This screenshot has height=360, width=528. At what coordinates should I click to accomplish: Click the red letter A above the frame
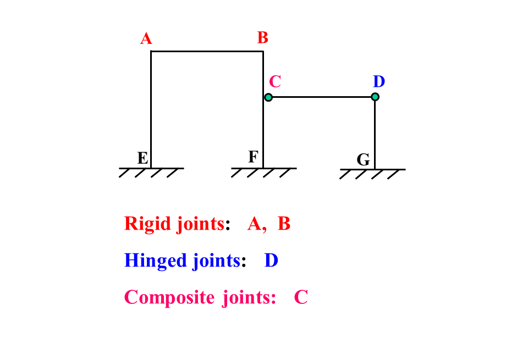pyautogui.click(x=146, y=38)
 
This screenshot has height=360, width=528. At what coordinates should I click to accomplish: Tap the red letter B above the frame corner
pyautogui.click(x=263, y=38)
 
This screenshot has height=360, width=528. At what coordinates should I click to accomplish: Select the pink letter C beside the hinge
pyautogui.click(x=275, y=81)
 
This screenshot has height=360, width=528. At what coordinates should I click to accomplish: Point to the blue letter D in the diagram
pyautogui.click(x=379, y=81)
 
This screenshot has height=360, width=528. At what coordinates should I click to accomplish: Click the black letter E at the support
pyautogui.click(x=143, y=158)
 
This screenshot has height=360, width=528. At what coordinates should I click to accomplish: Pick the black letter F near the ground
pyautogui.click(x=253, y=157)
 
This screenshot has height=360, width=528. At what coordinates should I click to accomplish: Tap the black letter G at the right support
pyautogui.click(x=364, y=160)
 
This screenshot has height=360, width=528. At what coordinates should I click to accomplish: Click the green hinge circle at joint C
pyautogui.click(x=268, y=97)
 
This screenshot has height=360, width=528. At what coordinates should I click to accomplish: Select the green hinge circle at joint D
pyautogui.click(x=375, y=97)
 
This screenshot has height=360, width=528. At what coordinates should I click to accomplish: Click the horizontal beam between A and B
pyautogui.click(x=207, y=52)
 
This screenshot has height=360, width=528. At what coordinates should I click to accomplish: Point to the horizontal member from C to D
pyautogui.click(x=322, y=97)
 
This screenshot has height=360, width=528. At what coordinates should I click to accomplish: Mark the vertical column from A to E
pyautogui.click(x=151, y=110)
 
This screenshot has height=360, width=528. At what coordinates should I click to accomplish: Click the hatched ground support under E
pyautogui.click(x=152, y=173)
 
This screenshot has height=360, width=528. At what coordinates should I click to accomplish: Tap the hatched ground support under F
pyautogui.click(x=263, y=173)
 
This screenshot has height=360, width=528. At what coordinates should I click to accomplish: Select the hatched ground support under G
pyautogui.click(x=372, y=174)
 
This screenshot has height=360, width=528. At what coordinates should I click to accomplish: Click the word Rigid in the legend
pyautogui.click(x=147, y=224)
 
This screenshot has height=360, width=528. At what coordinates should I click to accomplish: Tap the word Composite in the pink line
pyautogui.click(x=169, y=298)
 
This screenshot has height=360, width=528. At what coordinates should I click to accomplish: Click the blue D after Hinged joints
pyautogui.click(x=271, y=261)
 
